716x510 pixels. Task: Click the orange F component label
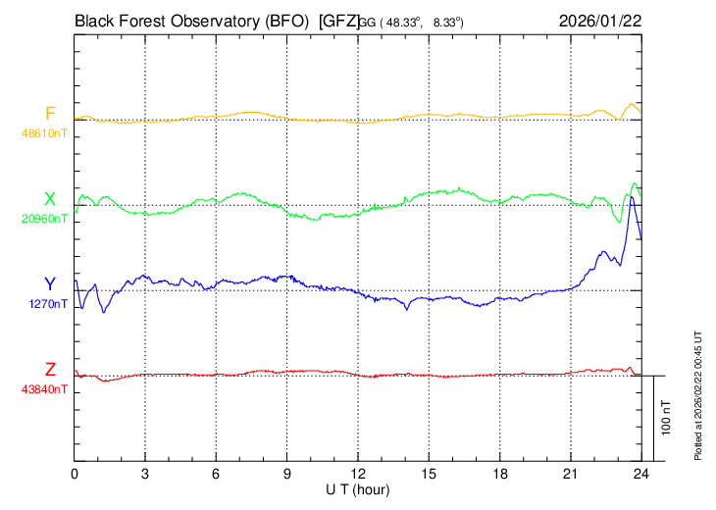pyautogui.click(x=50, y=113)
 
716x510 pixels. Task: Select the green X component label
pyautogui.click(x=50, y=199)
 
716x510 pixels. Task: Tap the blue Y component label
pyautogui.click(x=50, y=283)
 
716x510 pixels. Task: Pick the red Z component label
pyautogui.click(x=50, y=370)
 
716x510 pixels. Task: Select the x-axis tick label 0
pyautogui.click(x=75, y=475)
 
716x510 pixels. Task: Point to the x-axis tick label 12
pyautogui.click(x=358, y=475)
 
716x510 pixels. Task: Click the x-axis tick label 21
pyautogui.click(x=571, y=475)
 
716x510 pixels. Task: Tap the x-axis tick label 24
pyautogui.click(x=641, y=475)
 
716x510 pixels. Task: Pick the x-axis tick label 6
pyautogui.click(x=216, y=475)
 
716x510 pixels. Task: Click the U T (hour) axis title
pyautogui.click(x=358, y=489)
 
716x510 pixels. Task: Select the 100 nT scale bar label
pyautogui.click(x=666, y=417)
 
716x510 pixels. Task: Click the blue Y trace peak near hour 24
pyautogui.click(x=633, y=197)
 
